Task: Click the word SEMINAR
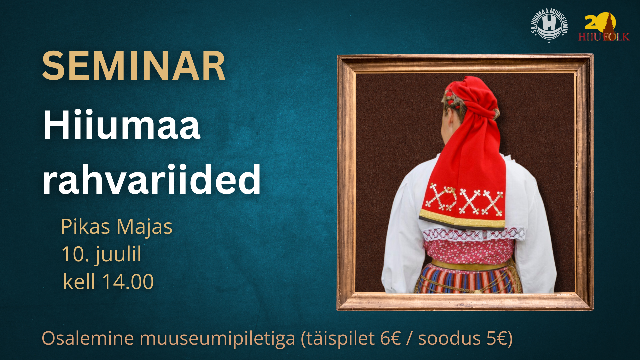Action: coord(134,66)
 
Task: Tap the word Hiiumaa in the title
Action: coord(122,125)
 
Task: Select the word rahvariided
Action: coord(152,179)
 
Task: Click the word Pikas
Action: coord(86,227)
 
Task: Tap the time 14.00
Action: coord(128,282)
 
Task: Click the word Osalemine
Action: coord(88,338)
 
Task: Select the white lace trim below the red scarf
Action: coord(473,234)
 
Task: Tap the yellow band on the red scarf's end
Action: coord(462,220)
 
